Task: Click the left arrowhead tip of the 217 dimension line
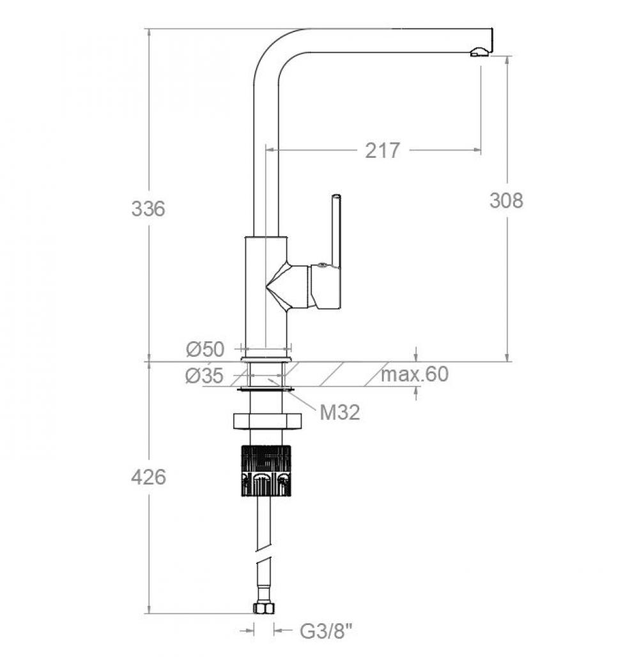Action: click(266, 150)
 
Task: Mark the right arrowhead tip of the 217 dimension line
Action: click(481, 150)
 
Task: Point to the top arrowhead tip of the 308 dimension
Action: click(507, 56)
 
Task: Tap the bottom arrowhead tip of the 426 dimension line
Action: click(149, 614)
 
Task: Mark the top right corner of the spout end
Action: click(492, 29)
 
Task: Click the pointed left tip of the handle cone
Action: click(266, 287)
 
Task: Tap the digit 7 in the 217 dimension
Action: click(394, 150)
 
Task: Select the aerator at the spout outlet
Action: click(479, 52)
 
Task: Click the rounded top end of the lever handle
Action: click(336, 196)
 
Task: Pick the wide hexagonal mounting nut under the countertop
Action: click(267, 422)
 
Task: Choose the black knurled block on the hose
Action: click(266, 470)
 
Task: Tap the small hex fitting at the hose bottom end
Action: click(264, 608)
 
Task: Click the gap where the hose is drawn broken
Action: click(263, 553)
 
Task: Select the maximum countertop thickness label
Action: click(415, 374)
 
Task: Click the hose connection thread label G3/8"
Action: click(326, 630)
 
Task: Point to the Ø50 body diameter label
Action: click(205, 349)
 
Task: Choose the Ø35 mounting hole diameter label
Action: click(204, 375)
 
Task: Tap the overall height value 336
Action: click(148, 208)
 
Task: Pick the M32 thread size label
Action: click(340, 413)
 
